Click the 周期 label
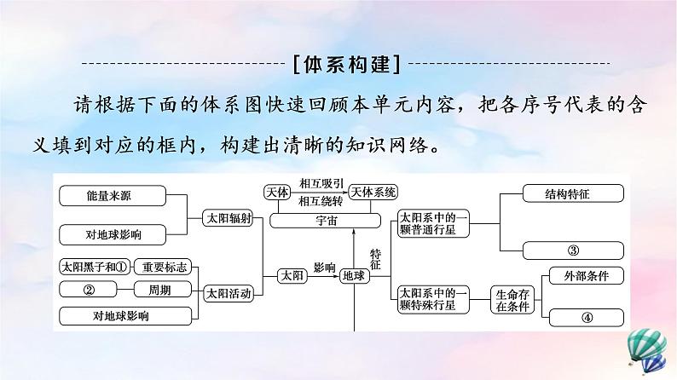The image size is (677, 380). tap(159, 290)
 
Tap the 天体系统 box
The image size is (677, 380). tap(374, 193)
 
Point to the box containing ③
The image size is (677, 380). tap(573, 250)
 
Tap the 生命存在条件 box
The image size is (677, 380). tap(515, 299)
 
